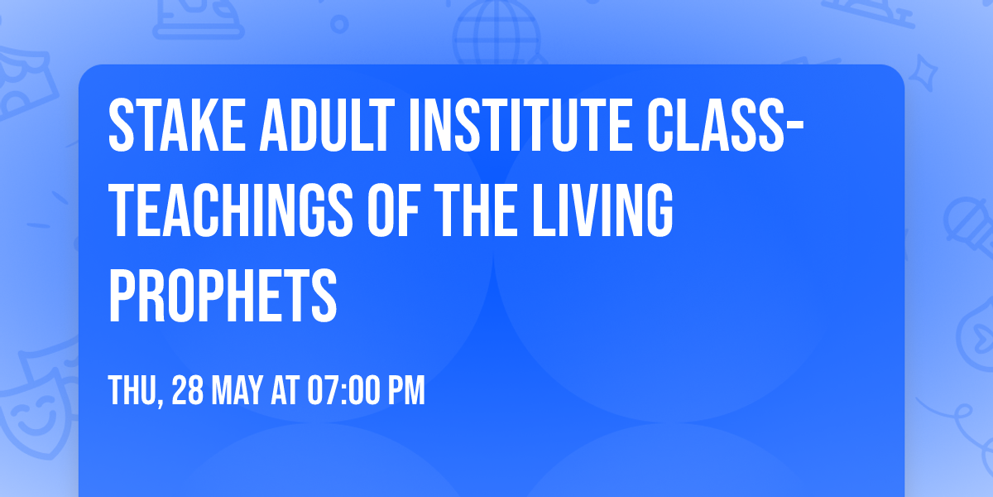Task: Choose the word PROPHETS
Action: point(223,295)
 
